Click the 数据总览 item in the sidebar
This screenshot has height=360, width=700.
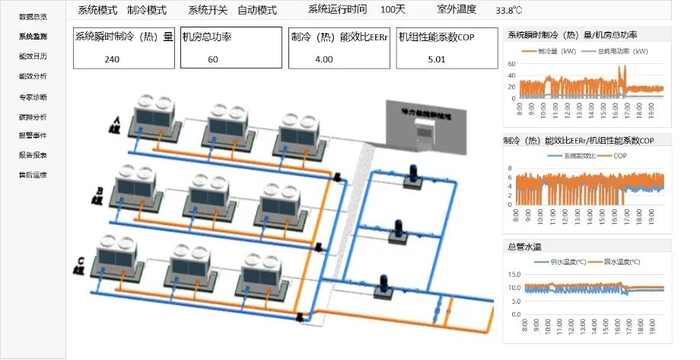[33, 16]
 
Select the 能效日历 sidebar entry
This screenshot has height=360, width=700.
[33, 56]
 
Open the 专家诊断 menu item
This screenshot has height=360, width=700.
[33, 97]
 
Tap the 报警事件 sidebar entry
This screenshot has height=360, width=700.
[33, 135]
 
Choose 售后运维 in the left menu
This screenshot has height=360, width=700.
[33, 175]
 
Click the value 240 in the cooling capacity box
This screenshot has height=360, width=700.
[113, 59]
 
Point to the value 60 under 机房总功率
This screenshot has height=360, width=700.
[212, 59]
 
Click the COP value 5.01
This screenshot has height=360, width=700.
[436, 59]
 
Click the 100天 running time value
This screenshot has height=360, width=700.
[393, 10]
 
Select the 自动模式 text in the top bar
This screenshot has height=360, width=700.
[257, 11]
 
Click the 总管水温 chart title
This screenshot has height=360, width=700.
[524, 246]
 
